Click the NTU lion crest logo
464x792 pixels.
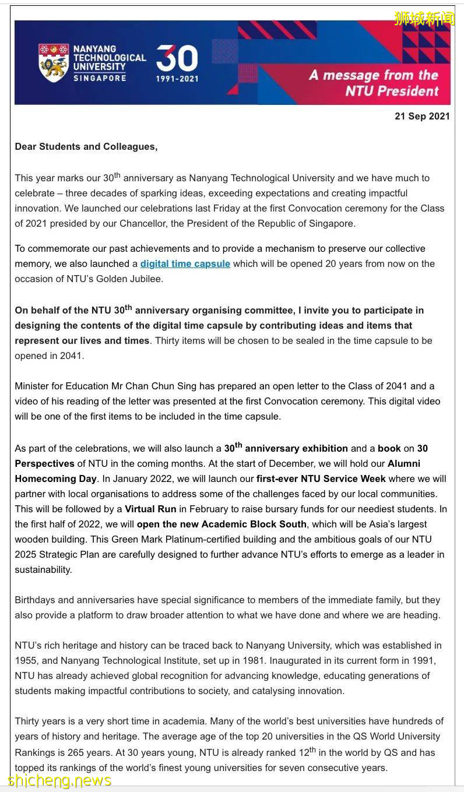54,62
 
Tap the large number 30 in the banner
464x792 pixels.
177,59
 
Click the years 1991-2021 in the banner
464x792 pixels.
177,79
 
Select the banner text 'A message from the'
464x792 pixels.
374,75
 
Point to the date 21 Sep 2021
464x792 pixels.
422,116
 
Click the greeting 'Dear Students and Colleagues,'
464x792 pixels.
86,147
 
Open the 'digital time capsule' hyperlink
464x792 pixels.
185,264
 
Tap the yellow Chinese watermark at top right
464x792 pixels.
424,18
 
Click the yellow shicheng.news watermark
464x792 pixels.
59,780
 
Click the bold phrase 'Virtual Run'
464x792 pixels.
150,509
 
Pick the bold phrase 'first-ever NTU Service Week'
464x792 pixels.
321,479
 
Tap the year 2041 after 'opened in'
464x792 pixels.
71,356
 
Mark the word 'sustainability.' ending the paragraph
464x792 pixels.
44,570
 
